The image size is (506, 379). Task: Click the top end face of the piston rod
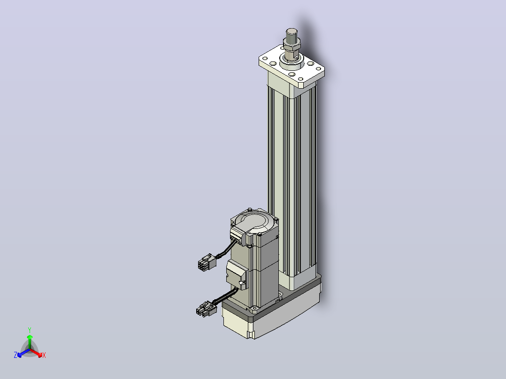[x=292, y=31]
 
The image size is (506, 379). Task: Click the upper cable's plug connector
[x=207, y=262]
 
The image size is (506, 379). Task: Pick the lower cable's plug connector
[x=205, y=309]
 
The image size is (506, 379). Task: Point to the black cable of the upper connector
[x=227, y=250]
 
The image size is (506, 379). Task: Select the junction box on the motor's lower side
[x=237, y=274]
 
